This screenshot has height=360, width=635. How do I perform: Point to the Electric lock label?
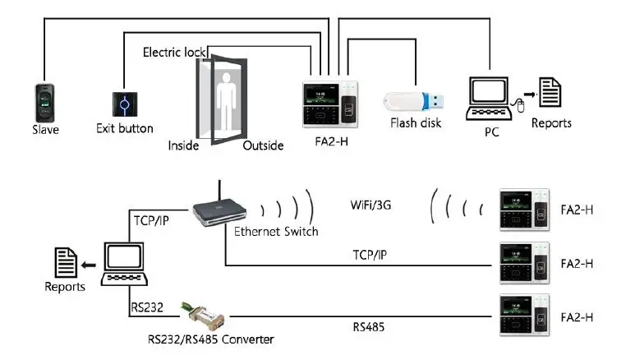pyautogui.click(x=173, y=52)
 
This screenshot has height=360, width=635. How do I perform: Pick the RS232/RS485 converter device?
pyautogui.click(x=203, y=316)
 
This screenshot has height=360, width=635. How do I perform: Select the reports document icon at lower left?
pyautogui.click(x=66, y=263)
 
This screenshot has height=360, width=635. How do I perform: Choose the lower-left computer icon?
pyautogui.click(x=124, y=265)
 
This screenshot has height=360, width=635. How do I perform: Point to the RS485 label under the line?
pyautogui.click(x=368, y=328)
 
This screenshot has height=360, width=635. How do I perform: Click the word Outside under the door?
pyautogui.click(x=263, y=145)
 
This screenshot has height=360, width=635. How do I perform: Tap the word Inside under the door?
pyautogui.click(x=185, y=145)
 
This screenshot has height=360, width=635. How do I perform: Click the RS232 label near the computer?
pyautogui.click(x=146, y=307)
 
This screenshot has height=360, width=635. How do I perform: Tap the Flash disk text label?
pyautogui.click(x=415, y=123)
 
